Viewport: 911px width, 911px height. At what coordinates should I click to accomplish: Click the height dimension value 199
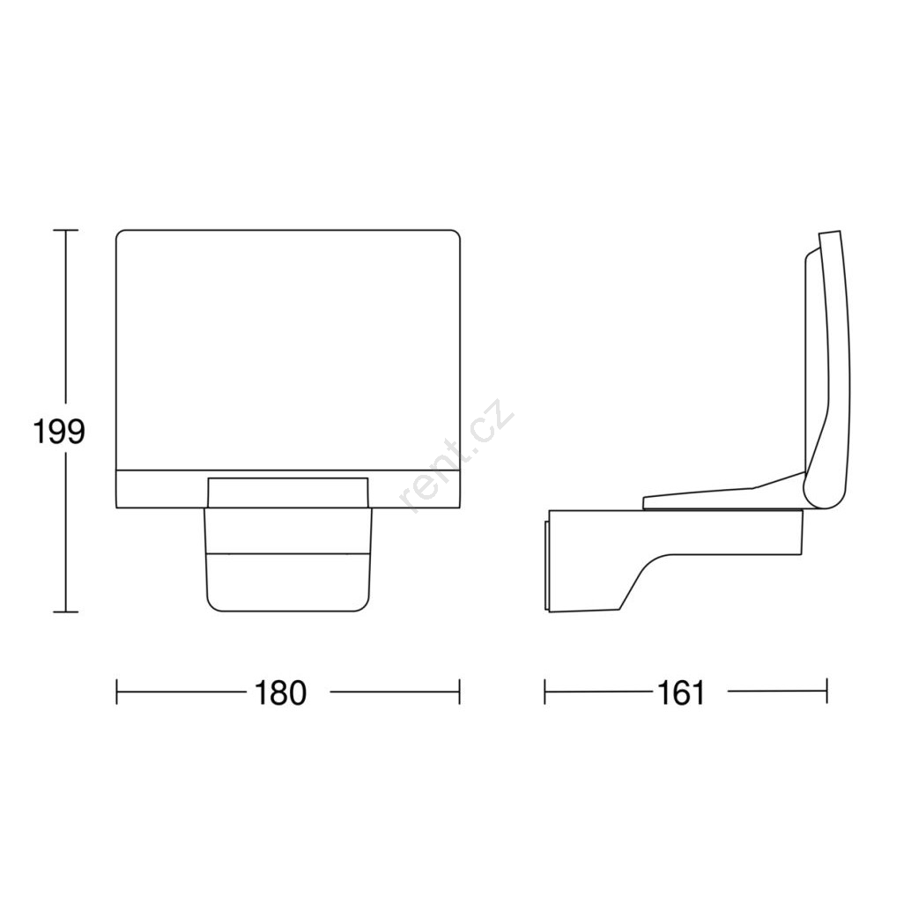pos(60,431)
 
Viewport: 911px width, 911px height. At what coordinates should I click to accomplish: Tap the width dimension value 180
pos(280,692)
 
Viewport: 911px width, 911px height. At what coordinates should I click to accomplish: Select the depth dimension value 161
pos(681,692)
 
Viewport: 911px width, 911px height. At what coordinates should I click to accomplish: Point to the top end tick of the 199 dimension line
pos(65,231)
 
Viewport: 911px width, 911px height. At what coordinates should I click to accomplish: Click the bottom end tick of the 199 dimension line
pos(65,611)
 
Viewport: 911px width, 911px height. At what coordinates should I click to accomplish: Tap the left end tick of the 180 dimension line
pos(117,692)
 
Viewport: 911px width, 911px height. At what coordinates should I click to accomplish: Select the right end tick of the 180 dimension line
pos(460,692)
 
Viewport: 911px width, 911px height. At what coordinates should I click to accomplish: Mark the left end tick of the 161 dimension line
pos(544,692)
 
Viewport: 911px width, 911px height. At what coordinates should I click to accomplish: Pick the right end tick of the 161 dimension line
pos(826,692)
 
